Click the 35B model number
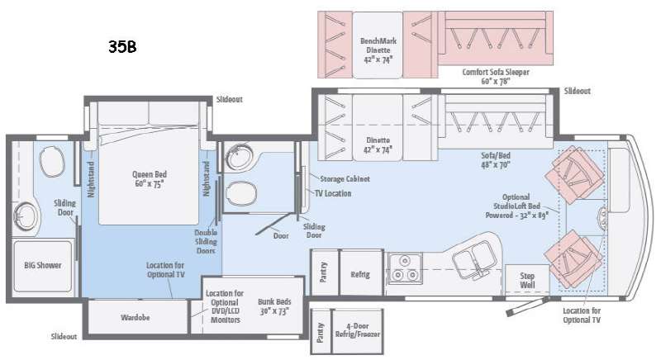(x=122, y=46)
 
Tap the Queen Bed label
(x=150, y=179)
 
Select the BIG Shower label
(x=43, y=265)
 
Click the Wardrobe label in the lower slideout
(x=135, y=317)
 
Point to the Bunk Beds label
(x=274, y=306)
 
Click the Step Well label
(x=527, y=281)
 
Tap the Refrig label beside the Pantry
(x=360, y=274)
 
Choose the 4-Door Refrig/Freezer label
(x=358, y=330)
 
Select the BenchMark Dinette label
(x=378, y=50)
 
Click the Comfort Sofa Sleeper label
(x=496, y=76)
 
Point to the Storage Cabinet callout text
(x=345, y=179)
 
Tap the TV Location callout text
(x=333, y=194)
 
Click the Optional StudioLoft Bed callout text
(x=517, y=206)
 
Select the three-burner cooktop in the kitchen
(x=405, y=268)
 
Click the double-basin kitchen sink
(x=474, y=258)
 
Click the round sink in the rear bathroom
(x=26, y=216)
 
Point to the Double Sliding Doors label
(x=206, y=242)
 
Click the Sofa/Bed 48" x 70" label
(x=496, y=160)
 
